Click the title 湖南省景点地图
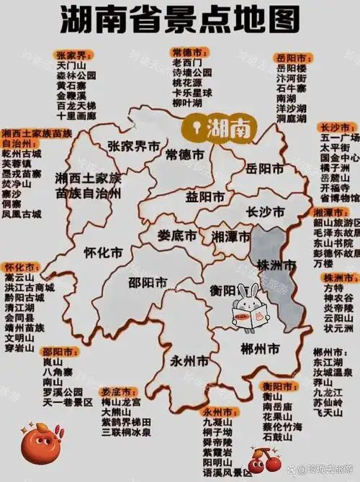[180, 22]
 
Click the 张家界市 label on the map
[134, 146]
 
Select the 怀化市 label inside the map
[103, 253]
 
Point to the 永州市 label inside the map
[190, 360]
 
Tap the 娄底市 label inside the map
[178, 235]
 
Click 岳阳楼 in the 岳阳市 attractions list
[291, 68]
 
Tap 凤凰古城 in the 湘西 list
[22, 214]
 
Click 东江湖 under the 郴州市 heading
[328, 363]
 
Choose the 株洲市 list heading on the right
[336, 277]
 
